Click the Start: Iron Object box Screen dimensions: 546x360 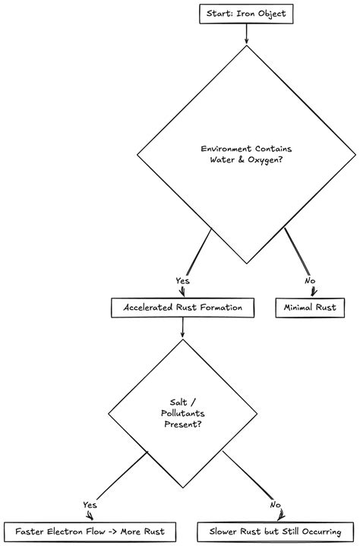(245, 13)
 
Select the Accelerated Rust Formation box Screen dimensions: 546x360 (182, 308)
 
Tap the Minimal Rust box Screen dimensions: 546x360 (309, 308)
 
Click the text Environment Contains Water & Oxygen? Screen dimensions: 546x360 (245, 153)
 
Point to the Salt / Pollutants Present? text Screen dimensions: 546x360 (182, 413)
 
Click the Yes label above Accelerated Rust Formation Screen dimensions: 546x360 (182, 281)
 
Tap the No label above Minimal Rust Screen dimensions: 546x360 (310, 281)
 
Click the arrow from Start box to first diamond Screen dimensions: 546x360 (245, 34)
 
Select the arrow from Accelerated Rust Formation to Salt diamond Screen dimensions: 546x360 (182, 327)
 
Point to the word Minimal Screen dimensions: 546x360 (298, 308)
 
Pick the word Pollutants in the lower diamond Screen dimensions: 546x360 (182, 413)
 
